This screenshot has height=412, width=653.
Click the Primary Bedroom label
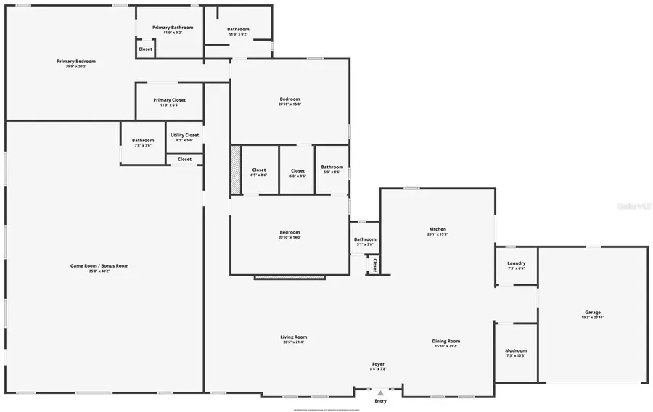pyautogui.click(x=76, y=62)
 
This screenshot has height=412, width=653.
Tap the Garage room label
pyautogui.click(x=592, y=313)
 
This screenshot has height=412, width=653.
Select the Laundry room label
pyautogui.click(x=517, y=263)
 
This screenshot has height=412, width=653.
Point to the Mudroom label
pyautogui.click(x=516, y=351)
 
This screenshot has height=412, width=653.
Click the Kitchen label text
pyautogui.click(x=437, y=229)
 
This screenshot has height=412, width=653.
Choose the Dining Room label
pyautogui.click(x=447, y=342)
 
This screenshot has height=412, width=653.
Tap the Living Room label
pyautogui.click(x=294, y=337)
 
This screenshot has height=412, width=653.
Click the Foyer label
pyautogui.click(x=378, y=364)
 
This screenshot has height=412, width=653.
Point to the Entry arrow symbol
pyautogui.click(x=380, y=393)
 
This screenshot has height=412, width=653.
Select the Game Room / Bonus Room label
pyautogui.click(x=99, y=266)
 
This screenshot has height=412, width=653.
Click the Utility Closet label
pyautogui.click(x=184, y=135)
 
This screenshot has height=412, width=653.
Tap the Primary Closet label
pyautogui.click(x=169, y=100)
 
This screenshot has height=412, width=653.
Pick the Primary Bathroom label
pyautogui.click(x=173, y=28)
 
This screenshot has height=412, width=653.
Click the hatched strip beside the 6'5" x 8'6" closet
pyautogui.click(x=235, y=170)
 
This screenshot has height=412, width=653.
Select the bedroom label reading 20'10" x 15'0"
pyautogui.click(x=289, y=99)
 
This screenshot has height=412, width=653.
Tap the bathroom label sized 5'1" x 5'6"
pyautogui.click(x=365, y=239)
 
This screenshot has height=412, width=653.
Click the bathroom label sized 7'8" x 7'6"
pyautogui.click(x=143, y=141)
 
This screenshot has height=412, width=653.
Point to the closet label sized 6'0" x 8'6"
pyautogui.click(x=297, y=171)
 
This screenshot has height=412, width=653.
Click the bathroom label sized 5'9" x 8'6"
pyautogui.click(x=332, y=167)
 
